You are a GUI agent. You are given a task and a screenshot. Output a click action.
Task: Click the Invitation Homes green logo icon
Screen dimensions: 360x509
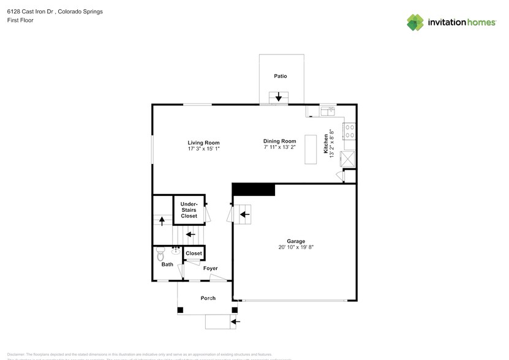tap(415, 23)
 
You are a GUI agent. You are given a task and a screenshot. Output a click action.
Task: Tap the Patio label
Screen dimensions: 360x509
tap(281, 77)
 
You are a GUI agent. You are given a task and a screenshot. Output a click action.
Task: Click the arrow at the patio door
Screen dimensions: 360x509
tap(279, 97)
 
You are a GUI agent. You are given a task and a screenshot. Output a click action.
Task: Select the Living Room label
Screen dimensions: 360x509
tap(203, 143)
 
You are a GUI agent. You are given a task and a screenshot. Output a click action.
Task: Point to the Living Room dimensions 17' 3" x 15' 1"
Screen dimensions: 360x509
tap(203, 149)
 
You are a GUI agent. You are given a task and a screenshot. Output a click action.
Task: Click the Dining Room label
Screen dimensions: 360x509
tap(279, 141)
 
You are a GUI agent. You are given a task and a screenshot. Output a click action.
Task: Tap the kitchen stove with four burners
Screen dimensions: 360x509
tap(351, 131)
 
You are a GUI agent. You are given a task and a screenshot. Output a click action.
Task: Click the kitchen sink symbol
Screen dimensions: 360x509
tap(327, 111)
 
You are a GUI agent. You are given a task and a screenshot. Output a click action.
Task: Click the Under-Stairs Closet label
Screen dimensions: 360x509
tap(189, 210)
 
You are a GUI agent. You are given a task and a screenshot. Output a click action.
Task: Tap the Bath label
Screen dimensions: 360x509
tap(167, 265)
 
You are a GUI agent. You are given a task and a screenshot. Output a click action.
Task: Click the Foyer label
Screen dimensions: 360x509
tap(210, 268)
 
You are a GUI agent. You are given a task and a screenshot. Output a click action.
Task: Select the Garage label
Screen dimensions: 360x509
tap(296, 241)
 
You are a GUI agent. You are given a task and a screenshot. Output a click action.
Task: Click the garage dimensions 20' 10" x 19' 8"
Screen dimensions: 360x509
tap(296, 248)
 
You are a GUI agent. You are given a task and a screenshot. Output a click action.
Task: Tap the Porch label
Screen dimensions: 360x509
tap(208, 298)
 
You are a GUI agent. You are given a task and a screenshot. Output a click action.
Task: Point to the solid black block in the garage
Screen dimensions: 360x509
tap(254, 189)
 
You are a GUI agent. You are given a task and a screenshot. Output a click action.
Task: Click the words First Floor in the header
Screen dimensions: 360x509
tap(20, 20)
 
